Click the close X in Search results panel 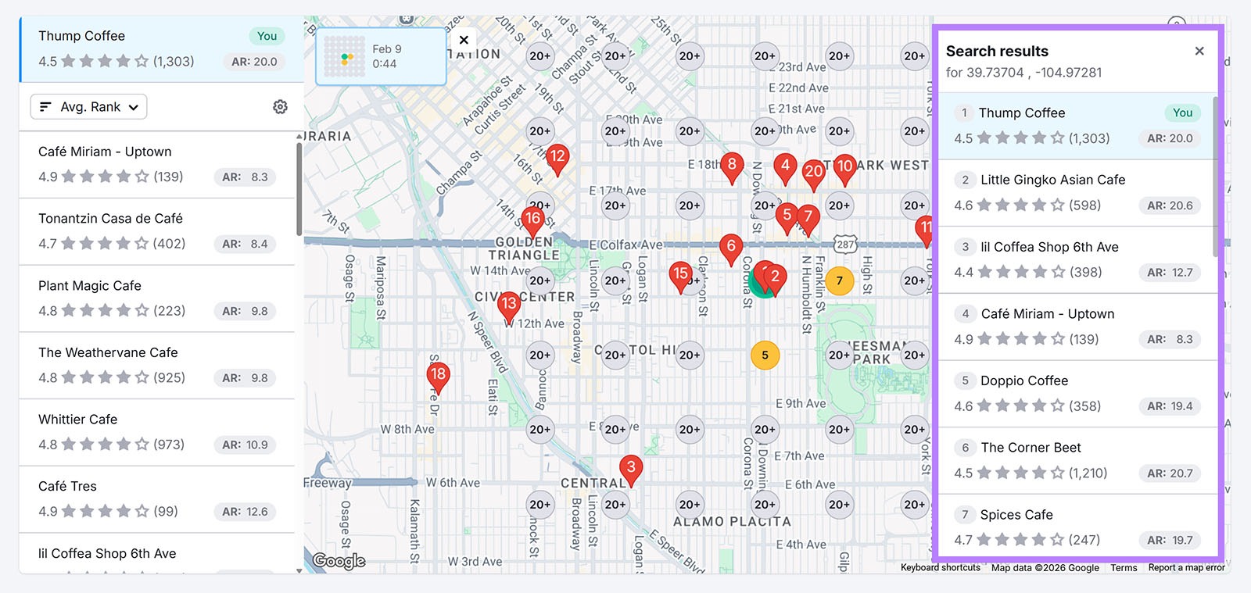[1199, 52]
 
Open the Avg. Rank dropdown [88, 107]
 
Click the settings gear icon [280, 107]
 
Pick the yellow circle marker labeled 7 [839, 280]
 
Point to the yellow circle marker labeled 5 [765, 355]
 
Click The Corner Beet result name [1031, 448]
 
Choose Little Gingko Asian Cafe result [1052, 180]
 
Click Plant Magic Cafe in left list [90, 286]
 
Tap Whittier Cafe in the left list [78, 420]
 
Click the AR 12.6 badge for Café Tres [245, 512]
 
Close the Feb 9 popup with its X [464, 40]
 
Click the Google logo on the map [339, 560]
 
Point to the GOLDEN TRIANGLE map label [524, 248]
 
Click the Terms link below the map [1124, 568]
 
